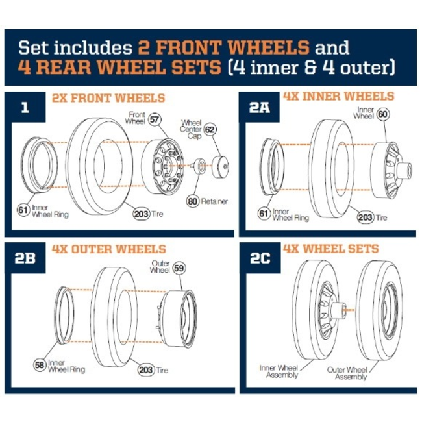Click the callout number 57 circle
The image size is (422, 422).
tap(154, 119)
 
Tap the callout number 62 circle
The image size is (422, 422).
tap(209, 129)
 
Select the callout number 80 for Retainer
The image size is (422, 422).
tap(192, 201)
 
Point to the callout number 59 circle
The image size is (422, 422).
tap(179, 267)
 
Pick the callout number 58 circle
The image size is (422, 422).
tap(40, 366)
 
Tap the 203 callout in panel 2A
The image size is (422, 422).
tap(366, 217)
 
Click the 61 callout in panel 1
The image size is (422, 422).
tap(23, 210)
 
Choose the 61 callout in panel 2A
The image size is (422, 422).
tap(264, 214)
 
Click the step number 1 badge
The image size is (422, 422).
tap(25, 107)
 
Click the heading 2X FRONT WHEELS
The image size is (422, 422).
tap(108, 99)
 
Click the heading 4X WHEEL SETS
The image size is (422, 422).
tap(330, 249)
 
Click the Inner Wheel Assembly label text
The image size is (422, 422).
tap(280, 371)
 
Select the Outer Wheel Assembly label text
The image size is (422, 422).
tap(347, 373)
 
